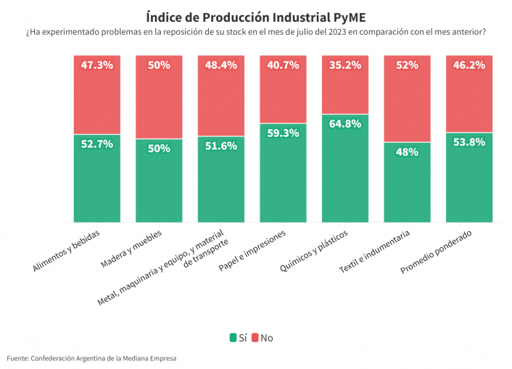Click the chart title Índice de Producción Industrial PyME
tap(255, 16)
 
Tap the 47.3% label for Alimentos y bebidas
tap(96, 65)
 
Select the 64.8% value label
tap(344, 124)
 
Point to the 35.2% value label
tap(344, 65)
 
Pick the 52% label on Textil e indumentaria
tap(407, 65)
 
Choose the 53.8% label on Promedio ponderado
tap(468, 142)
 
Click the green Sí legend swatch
tap(233, 338)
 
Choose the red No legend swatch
tap(255, 338)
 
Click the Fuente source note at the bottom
tap(91, 358)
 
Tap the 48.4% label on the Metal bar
tap(220, 65)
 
